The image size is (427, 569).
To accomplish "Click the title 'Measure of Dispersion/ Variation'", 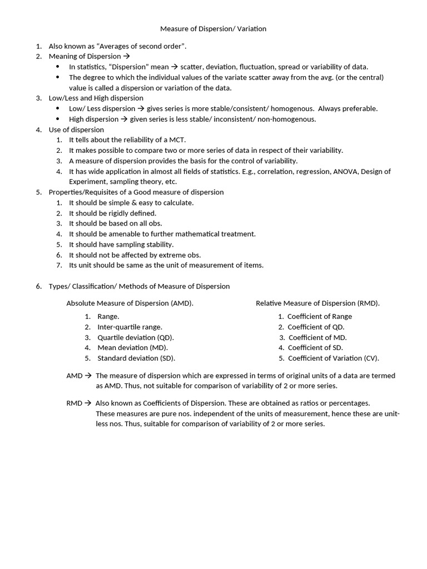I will (x=213, y=28).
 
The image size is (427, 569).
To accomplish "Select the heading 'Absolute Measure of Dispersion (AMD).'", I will (x=130, y=303).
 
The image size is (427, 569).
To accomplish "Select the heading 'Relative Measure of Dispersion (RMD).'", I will (x=317, y=303).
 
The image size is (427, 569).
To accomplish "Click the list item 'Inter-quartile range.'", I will (x=130, y=327).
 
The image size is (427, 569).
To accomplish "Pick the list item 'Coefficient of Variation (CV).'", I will (x=333, y=358).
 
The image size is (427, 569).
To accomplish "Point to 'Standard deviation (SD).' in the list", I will (x=140, y=358).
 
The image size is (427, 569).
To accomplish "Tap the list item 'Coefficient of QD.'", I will (x=316, y=327).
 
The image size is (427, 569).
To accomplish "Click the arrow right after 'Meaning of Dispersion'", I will (x=126, y=56).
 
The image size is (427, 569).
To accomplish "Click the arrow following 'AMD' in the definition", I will (x=88, y=376).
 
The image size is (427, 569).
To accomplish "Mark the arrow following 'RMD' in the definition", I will (x=88, y=403).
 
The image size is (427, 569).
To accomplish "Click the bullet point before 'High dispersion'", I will (x=57, y=119).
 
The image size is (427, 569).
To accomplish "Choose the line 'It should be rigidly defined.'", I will (x=112, y=213).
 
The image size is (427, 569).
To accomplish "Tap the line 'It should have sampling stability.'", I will (x=121, y=244).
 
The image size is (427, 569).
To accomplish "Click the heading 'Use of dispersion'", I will (x=76, y=129).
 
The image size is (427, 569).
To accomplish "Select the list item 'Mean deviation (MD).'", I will (x=132, y=348).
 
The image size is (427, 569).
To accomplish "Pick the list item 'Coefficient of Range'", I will (x=320, y=316).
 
